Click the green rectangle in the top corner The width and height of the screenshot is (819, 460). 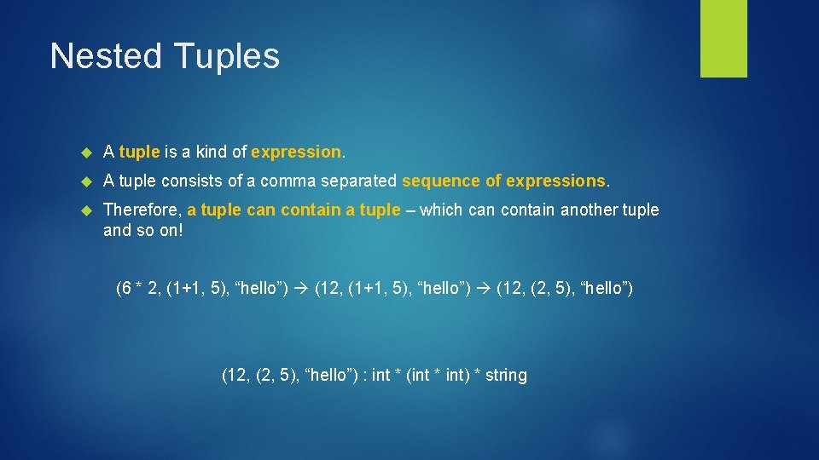click(723, 38)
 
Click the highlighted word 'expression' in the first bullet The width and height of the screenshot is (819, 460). click(296, 152)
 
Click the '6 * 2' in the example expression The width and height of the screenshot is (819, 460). click(140, 289)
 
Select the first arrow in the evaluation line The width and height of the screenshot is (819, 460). click(302, 289)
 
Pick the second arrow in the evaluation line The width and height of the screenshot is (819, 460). click(483, 289)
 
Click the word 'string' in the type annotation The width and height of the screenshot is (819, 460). click(506, 375)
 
